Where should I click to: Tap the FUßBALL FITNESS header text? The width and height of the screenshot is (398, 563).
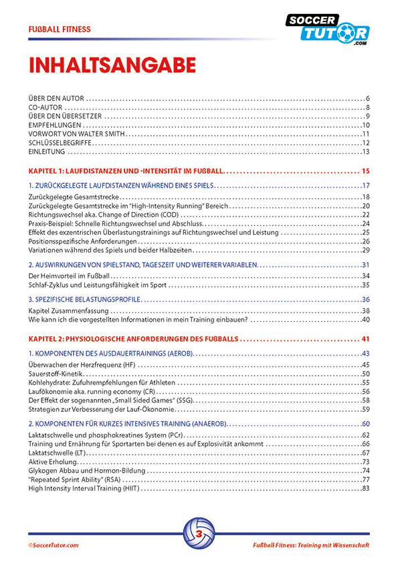pos(60,29)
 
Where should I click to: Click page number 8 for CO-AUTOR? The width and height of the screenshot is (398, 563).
pos(368,108)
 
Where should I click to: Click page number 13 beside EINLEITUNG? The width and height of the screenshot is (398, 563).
pos(366,152)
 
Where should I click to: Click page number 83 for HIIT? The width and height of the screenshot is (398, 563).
pos(366,488)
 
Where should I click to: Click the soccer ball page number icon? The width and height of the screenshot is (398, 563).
pos(199,534)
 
